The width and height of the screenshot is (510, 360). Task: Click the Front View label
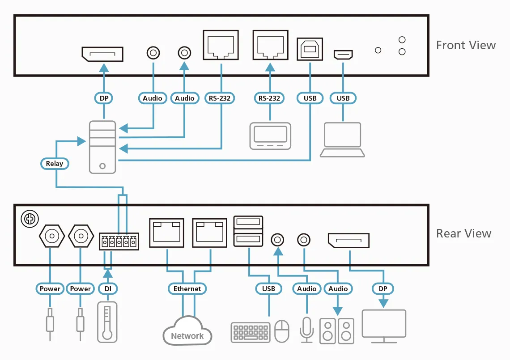click(x=466, y=45)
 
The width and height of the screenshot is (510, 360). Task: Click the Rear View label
click(x=463, y=233)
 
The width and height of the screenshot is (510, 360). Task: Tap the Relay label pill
click(x=55, y=164)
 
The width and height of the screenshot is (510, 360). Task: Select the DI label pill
click(x=108, y=289)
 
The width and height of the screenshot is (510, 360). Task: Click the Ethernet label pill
click(x=187, y=289)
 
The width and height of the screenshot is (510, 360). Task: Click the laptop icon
click(x=342, y=140)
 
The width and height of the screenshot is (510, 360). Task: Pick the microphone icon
click(x=307, y=330)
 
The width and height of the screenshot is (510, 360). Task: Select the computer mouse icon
click(x=282, y=331)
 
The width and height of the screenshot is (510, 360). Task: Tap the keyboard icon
click(x=251, y=332)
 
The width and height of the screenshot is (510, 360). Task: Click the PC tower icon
click(x=102, y=147)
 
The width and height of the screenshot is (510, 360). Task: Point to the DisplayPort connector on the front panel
click(x=102, y=54)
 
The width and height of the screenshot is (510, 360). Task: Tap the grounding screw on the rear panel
click(x=30, y=219)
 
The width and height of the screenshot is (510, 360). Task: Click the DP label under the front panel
click(x=104, y=98)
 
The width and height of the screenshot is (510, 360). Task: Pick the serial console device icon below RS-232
click(x=270, y=135)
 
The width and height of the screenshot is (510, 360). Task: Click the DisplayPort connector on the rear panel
click(x=348, y=241)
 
